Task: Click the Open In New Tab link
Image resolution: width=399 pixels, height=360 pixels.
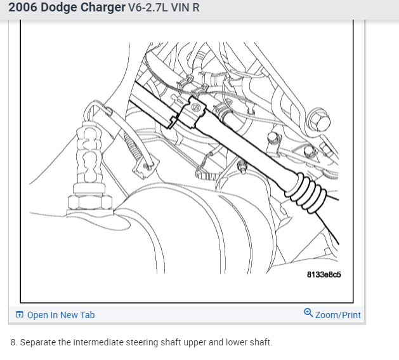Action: [x=61, y=315]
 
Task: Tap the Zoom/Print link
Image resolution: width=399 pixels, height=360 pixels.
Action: [x=338, y=315]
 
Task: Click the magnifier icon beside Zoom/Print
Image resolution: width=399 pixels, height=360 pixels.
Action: [x=308, y=312]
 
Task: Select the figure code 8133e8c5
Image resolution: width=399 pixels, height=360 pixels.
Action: [x=324, y=274]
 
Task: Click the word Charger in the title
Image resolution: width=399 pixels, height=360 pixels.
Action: [x=103, y=8]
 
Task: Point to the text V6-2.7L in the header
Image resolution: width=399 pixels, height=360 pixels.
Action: [x=148, y=8]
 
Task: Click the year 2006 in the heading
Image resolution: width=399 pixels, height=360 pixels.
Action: [x=23, y=8]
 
